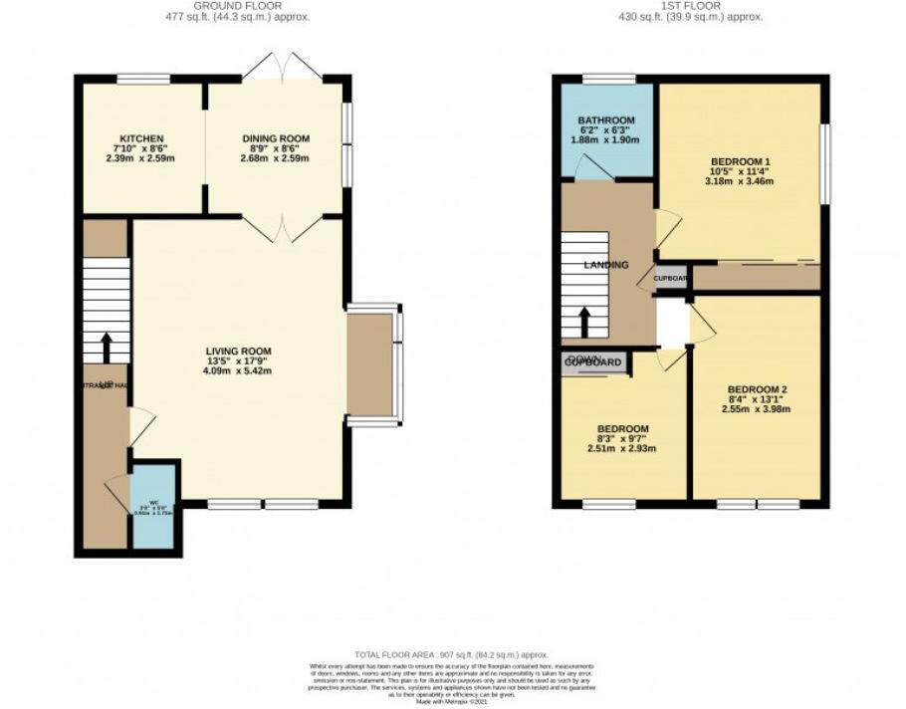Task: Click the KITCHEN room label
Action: pyautogui.click(x=141, y=138)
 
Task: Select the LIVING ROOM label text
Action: pyautogui.click(x=238, y=351)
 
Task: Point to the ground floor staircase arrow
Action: pyautogui.click(x=106, y=348)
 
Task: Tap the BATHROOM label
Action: pyautogui.click(x=606, y=120)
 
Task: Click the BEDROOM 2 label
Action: pyautogui.click(x=758, y=388)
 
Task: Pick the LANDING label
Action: pyautogui.click(x=606, y=265)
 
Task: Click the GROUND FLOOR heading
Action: pyautogui.click(x=224, y=6)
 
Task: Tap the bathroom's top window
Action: pyautogui.click(x=608, y=79)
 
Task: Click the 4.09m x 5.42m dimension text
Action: pyautogui.click(x=238, y=370)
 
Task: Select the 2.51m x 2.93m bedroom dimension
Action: pyautogui.click(x=622, y=448)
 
